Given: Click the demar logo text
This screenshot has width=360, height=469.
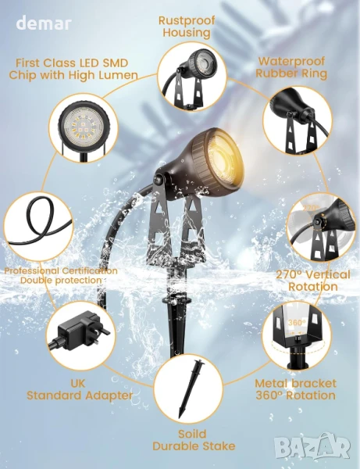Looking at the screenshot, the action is click(x=44, y=23).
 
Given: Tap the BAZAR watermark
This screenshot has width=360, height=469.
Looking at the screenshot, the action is click(x=312, y=448).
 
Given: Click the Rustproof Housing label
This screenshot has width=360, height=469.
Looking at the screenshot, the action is click(x=187, y=27).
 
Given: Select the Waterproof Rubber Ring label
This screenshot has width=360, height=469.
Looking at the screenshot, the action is click(x=291, y=67).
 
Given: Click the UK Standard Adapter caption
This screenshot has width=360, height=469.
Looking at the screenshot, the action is click(x=80, y=389).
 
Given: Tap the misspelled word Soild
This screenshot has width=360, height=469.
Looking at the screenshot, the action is click(x=192, y=434).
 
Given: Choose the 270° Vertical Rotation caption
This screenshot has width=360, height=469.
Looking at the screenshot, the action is click(x=313, y=281).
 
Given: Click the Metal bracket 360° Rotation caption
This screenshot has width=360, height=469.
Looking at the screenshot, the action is click(x=295, y=389).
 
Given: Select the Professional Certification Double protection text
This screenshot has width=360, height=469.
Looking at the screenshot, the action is click(x=61, y=275).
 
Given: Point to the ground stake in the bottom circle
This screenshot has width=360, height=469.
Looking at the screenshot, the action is click(x=190, y=388).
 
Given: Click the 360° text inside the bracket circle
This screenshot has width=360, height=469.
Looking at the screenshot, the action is click(x=297, y=322).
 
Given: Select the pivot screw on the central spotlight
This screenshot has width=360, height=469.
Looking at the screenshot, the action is click(x=158, y=180).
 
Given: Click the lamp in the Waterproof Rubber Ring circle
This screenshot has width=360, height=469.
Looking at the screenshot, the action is click(x=299, y=120).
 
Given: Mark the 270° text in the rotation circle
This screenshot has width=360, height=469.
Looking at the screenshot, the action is click(x=311, y=208).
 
